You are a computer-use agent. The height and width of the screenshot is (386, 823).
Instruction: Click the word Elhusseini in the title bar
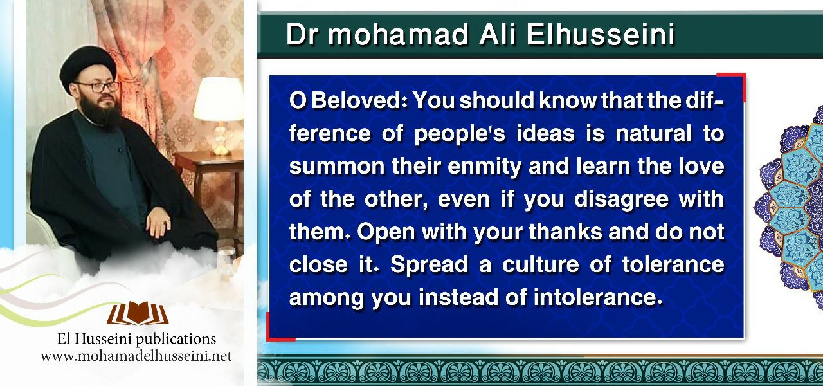(601, 34)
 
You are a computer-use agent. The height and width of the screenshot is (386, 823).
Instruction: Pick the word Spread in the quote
(429, 265)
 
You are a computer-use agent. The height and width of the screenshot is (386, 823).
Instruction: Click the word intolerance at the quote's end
(598, 297)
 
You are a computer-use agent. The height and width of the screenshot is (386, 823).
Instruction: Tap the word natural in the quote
(653, 133)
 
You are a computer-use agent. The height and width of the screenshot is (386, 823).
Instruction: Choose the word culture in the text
(541, 264)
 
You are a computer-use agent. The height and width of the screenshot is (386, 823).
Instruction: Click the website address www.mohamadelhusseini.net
(136, 356)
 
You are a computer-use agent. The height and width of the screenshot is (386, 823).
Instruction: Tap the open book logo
(138, 313)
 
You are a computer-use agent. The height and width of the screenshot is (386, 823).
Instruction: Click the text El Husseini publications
(136, 338)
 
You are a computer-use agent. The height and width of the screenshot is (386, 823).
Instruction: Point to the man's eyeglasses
(98, 87)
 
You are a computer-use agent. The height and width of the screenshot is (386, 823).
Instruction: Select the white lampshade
(219, 98)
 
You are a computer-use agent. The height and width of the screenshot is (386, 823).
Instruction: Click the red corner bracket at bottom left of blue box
(277, 331)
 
